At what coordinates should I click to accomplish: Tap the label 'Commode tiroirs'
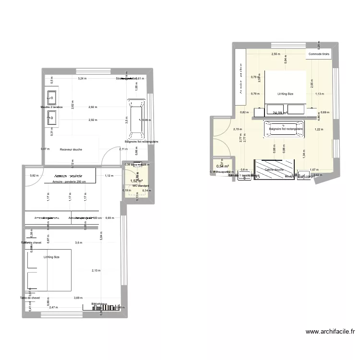pyautogui.click(x=319, y=54)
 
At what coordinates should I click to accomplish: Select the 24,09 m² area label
pyautogui.click(x=280, y=113)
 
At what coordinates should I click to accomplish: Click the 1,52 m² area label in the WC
pyautogui.click(x=136, y=181)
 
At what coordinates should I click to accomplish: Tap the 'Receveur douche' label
pyautogui.click(x=71, y=150)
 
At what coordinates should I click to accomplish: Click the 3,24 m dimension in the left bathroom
pyautogui.click(x=83, y=78)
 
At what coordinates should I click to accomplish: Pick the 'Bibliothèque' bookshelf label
pyautogui.click(x=99, y=304)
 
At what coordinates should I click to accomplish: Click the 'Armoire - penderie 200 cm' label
pyautogui.click(x=69, y=182)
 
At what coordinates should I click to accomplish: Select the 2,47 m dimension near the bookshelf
pyautogui.click(x=53, y=307)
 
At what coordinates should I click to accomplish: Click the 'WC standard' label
pyautogui.click(x=140, y=186)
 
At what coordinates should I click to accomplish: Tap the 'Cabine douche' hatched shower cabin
pyautogui.click(x=275, y=169)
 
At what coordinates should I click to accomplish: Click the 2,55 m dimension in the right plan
pyautogui.click(x=276, y=54)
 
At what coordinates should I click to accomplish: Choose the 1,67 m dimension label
pyautogui.click(x=314, y=170)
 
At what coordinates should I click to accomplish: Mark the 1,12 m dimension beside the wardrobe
pyautogui.click(x=109, y=176)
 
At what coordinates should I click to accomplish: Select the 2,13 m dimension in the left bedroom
pyautogui.click(x=96, y=271)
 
